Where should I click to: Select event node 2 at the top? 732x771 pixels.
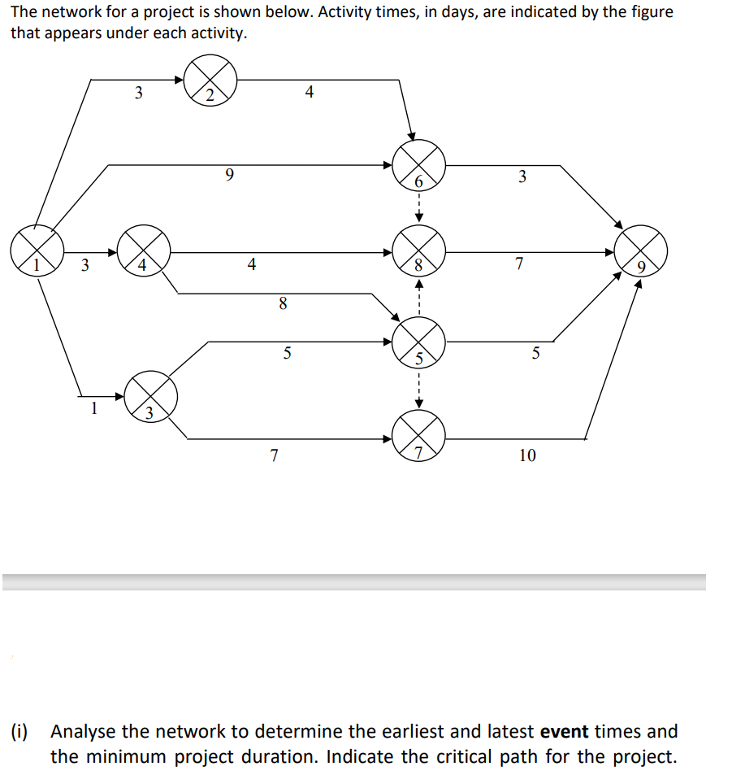click(x=210, y=81)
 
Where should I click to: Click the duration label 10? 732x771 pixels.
click(x=527, y=455)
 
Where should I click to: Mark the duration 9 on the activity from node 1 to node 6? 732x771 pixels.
click(x=229, y=174)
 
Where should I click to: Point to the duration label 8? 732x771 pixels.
click(x=282, y=304)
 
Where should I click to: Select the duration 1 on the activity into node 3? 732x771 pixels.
click(x=93, y=409)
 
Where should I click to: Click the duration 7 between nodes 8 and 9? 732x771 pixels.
click(x=519, y=264)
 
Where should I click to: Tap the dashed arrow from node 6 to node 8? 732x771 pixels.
click(x=418, y=208)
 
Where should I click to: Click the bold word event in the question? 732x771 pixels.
click(x=564, y=731)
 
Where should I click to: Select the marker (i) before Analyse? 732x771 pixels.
click(x=19, y=731)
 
